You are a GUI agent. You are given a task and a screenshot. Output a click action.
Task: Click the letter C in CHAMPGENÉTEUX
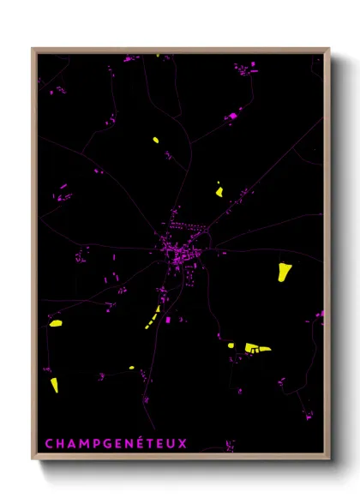point(49,444)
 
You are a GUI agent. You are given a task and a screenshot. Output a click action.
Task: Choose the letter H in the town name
point(59,444)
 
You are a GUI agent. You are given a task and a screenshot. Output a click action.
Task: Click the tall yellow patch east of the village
point(284,272)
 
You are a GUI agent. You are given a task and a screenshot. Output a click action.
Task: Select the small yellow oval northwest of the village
point(156,140)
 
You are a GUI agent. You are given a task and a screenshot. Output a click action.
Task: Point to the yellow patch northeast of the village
point(219,190)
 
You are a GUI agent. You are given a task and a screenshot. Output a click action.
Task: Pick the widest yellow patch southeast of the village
point(256,347)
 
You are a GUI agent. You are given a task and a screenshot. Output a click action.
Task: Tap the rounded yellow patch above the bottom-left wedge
point(56,323)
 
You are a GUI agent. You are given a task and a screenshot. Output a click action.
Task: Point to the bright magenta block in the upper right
point(231,115)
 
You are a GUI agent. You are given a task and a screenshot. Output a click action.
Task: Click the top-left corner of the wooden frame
point(33,49)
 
